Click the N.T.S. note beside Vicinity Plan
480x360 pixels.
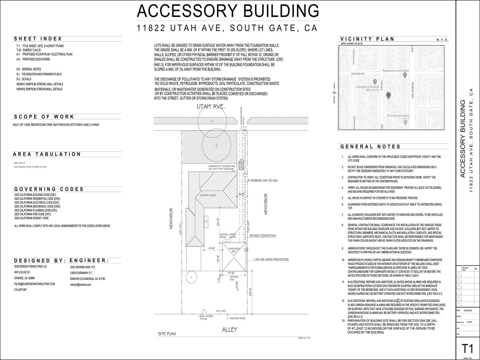[442, 40]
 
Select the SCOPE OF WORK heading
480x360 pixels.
[44, 117]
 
